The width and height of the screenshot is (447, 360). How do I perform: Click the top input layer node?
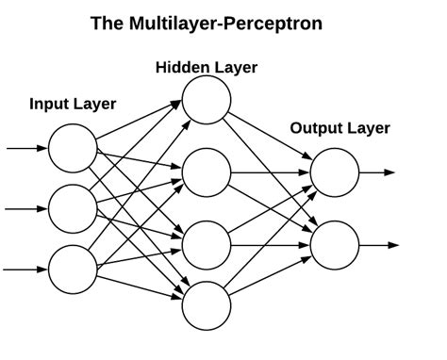coord(72,149)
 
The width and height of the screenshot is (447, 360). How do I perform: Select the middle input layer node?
coord(72,208)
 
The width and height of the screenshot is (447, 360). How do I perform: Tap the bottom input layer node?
coord(72,269)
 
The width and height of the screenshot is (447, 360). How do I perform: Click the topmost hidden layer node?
coord(207,98)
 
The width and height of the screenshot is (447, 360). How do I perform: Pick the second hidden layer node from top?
coord(207,172)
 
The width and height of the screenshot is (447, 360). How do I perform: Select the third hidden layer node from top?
coord(207,245)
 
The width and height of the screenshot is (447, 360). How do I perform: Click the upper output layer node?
coord(335,172)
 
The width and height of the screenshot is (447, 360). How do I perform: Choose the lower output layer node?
coord(335,246)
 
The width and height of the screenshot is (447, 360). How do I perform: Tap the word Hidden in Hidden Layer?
coord(181,67)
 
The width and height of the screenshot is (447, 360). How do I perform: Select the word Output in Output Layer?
coord(315,128)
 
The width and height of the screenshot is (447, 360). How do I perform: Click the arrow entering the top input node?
coord(26,149)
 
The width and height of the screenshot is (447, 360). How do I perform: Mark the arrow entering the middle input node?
coord(26,208)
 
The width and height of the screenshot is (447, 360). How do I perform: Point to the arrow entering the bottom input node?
coord(26,269)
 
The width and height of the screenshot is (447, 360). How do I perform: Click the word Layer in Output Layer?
coord(368,128)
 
